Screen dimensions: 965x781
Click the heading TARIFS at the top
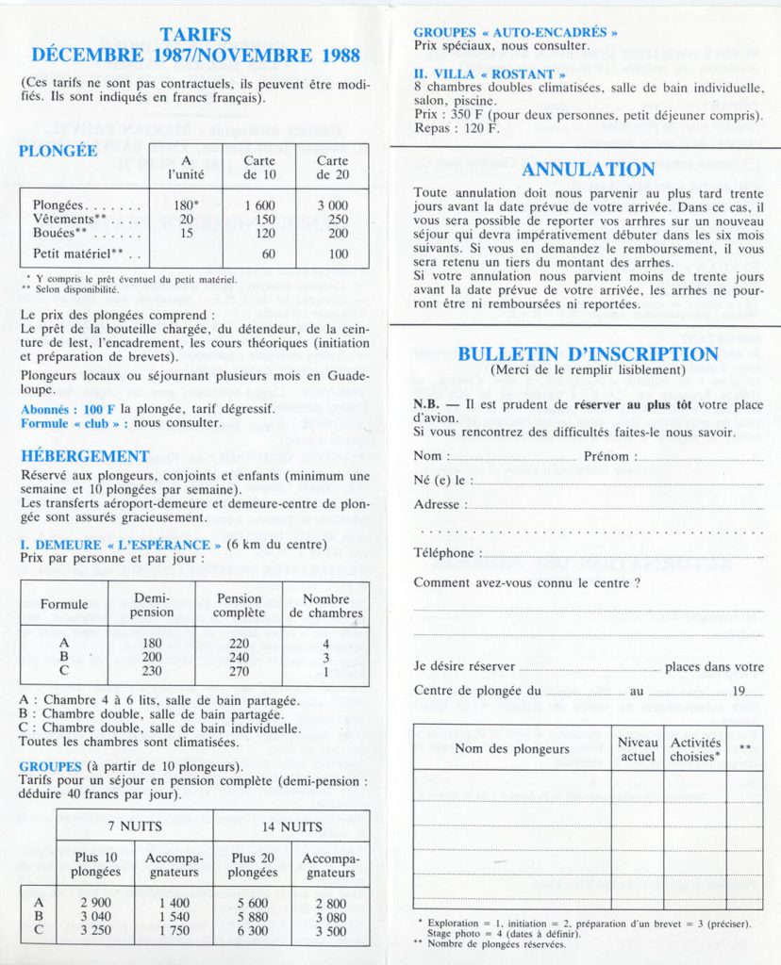click(x=195, y=35)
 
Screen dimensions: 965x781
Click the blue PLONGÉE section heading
click(x=58, y=151)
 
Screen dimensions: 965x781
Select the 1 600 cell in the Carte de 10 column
click(x=259, y=205)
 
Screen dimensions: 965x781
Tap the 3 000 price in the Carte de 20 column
click(x=332, y=205)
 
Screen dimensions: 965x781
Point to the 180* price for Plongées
click(x=185, y=205)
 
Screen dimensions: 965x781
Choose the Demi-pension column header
click(x=152, y=605)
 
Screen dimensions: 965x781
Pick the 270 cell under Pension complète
click(x=239, y=671)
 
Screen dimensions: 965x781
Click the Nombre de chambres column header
click(x=325, y=605)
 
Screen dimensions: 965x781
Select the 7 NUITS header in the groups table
click(x=134, y=826)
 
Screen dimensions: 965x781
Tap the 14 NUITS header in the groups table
click(x=291, y=826)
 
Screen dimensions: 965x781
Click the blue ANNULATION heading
click(x=588, y=171)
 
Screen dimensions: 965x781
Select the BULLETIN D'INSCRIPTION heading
click(x=588, y=354)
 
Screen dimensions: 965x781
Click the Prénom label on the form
click(x=609, y=456)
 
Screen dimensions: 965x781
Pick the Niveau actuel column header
click(x=638, y=749)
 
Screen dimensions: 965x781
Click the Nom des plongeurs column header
click(x=512, y=748)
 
